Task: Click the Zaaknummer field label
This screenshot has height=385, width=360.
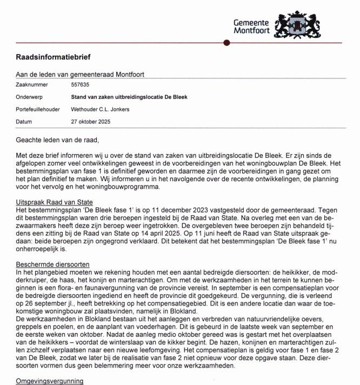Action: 32,85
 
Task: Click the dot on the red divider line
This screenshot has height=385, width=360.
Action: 225,43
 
